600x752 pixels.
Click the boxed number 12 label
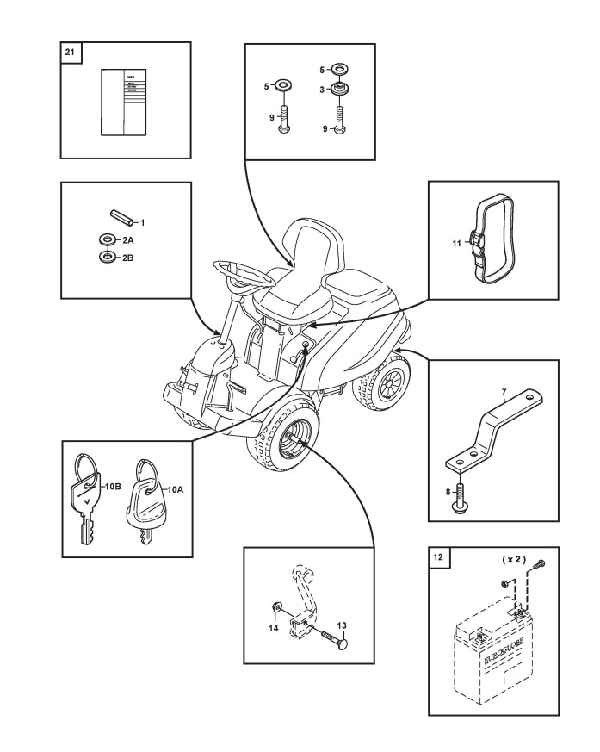[438, 557]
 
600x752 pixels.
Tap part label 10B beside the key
[113, 487]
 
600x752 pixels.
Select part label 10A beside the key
[175, 489]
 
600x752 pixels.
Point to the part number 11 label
[456, 244]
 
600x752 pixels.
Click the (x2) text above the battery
[514, 560]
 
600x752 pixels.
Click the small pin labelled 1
[118, 216]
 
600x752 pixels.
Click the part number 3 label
[322, 90]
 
